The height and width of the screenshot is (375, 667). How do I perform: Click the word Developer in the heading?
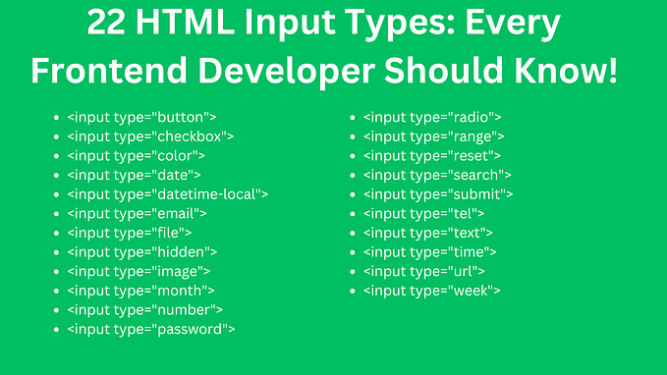click(293, 71)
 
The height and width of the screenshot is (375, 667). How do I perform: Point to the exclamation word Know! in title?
click(569, 71)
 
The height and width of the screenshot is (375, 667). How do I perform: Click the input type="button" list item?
click(141, 117)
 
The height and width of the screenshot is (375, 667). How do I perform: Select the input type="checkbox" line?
click(150, 136)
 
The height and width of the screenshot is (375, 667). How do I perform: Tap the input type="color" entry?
click(136, 155)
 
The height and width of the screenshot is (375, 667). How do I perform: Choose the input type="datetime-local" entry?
click(168, 194)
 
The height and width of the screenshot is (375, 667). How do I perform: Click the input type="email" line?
click(138, 213)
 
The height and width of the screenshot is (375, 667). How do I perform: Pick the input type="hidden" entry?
click(142, 252)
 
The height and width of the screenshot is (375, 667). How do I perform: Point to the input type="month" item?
click(141, 291)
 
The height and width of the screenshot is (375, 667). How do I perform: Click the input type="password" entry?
click(151, 329)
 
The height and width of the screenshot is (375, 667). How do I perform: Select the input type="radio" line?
click(432, 117)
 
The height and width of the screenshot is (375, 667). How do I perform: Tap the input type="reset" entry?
click(432, 155)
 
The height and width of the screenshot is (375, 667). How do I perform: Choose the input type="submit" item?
click(438, 194)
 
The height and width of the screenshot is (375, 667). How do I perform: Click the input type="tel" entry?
click(423, 213)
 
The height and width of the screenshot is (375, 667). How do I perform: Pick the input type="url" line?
click(423, 271)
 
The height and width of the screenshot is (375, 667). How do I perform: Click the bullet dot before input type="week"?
click(354, 292)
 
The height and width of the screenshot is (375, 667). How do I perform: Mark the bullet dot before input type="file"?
click(57, 234)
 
